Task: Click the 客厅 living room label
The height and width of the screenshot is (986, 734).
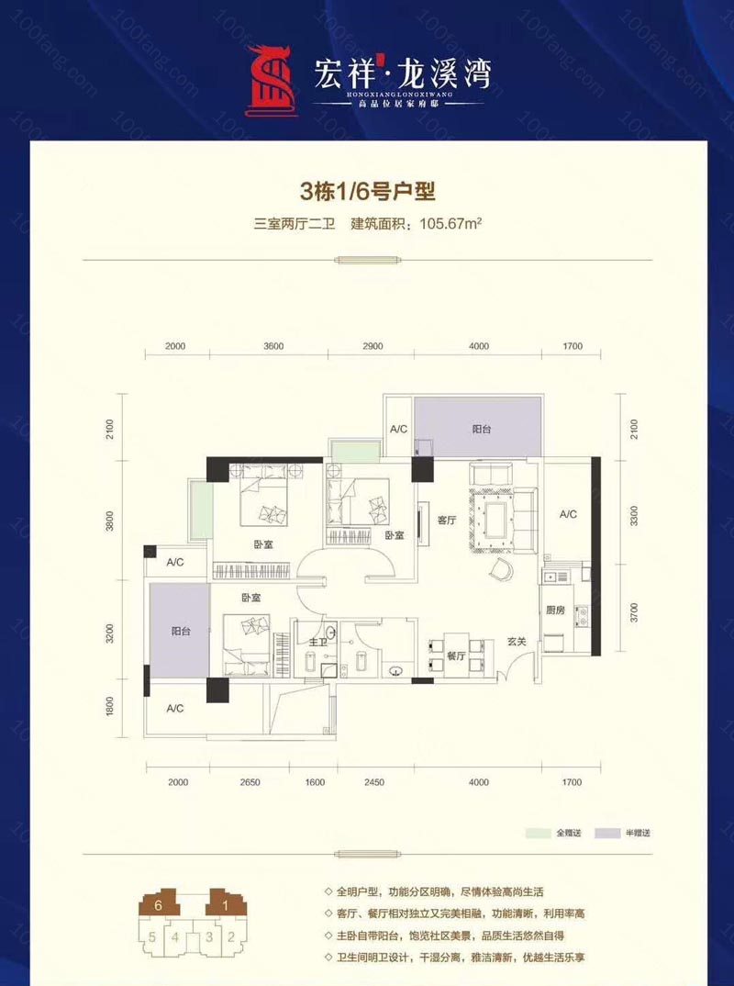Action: click(x=447, y=520)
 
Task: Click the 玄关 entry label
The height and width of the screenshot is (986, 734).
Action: click(x=517, y=642)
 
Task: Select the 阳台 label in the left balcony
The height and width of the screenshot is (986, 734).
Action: click(x=181, y=631)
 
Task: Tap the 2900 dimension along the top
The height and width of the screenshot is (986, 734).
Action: click(x=373, y=346)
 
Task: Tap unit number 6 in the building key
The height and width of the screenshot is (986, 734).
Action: click(x=159, y=904)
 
